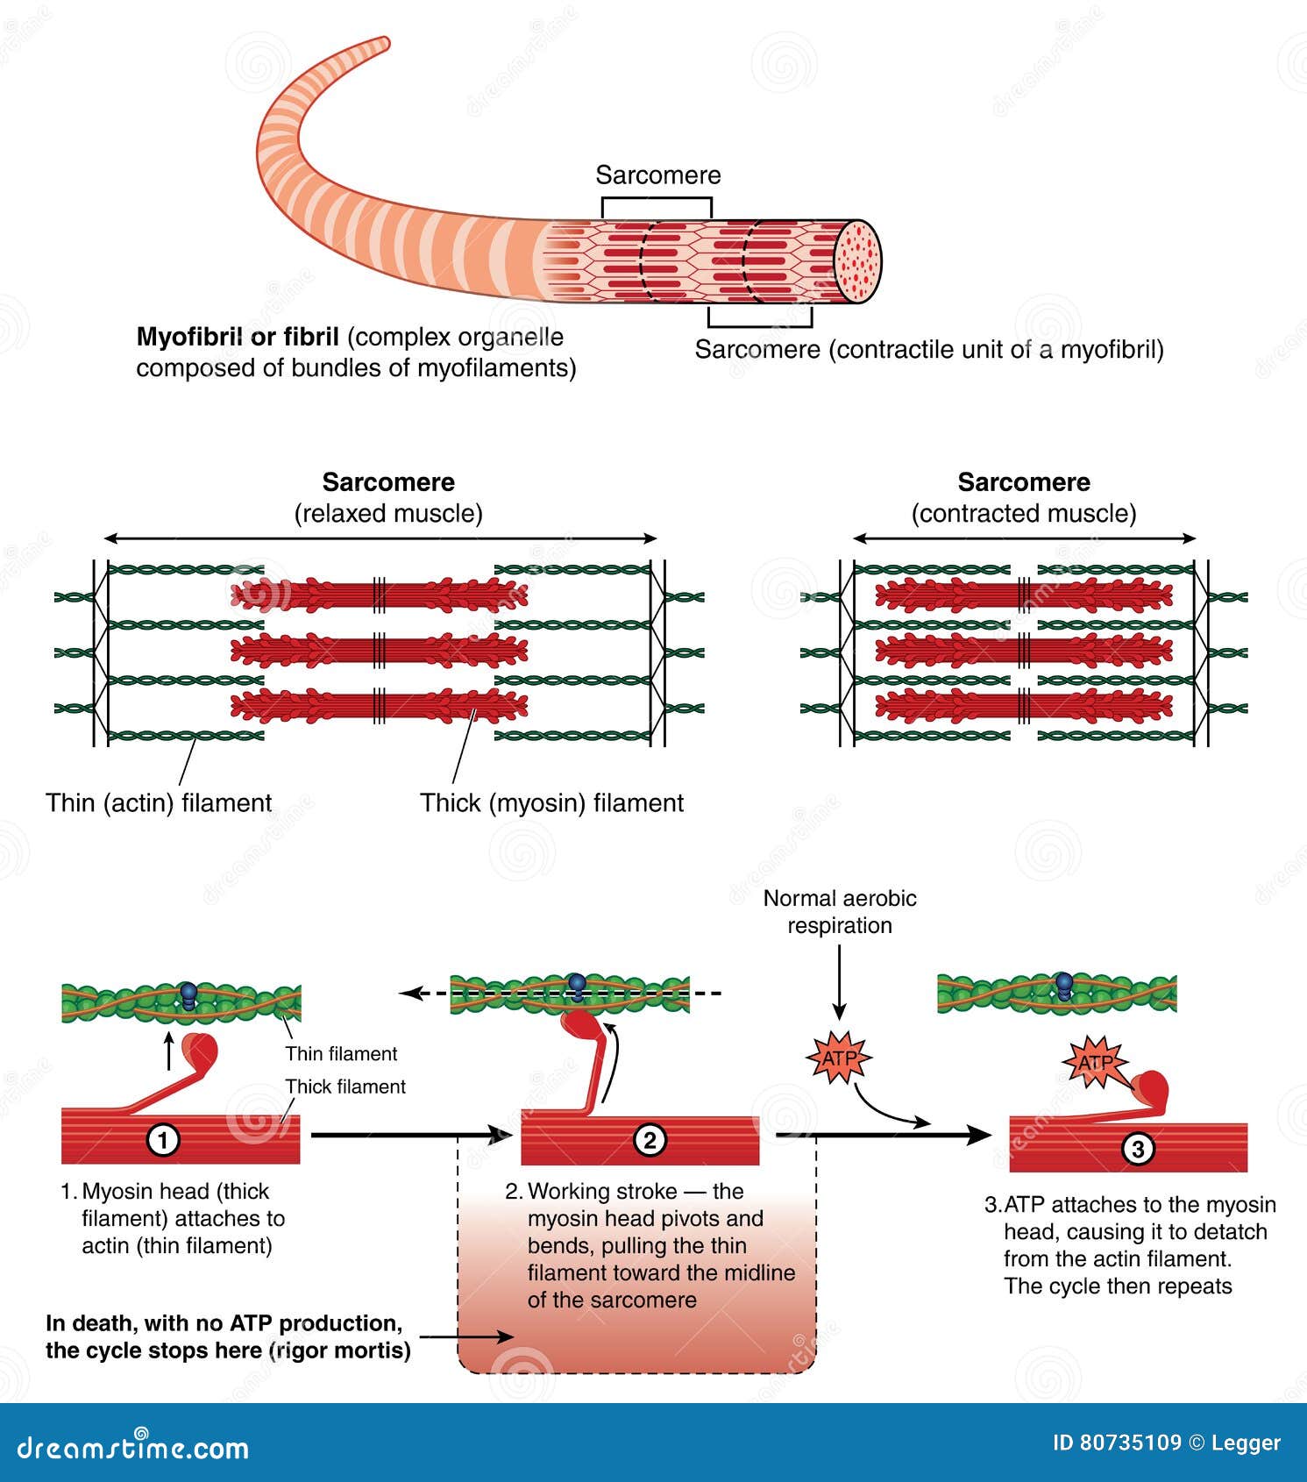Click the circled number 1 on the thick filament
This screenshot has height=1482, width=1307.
pos(163,1140)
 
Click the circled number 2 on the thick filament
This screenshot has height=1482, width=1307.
pos(650,1140)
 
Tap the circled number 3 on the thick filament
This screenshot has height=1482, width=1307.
pos(1137,1149)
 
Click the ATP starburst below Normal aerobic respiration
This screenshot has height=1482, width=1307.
pos(838,1058)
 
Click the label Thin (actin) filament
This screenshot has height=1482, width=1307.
pos(159,802)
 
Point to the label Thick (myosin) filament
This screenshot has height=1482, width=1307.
pos(551,802)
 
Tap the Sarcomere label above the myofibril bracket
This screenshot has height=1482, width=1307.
pos(657,175)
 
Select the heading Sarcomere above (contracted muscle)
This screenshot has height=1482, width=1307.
pos(1023,482)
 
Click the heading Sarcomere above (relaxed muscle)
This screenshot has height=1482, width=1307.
pos(387,482)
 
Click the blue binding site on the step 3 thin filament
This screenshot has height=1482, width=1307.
pos(1063,985)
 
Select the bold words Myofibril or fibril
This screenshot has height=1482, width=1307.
pos(238,337)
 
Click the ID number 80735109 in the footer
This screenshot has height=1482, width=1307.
pos(1129,1443)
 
